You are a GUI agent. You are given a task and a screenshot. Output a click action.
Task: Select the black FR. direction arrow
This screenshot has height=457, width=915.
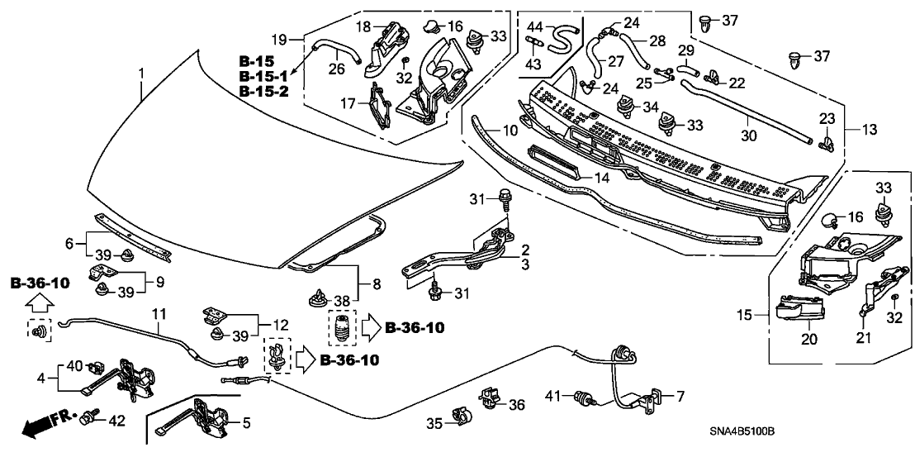(46, 425)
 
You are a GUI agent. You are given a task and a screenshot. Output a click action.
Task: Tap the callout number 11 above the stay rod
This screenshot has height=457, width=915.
(159, 314)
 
